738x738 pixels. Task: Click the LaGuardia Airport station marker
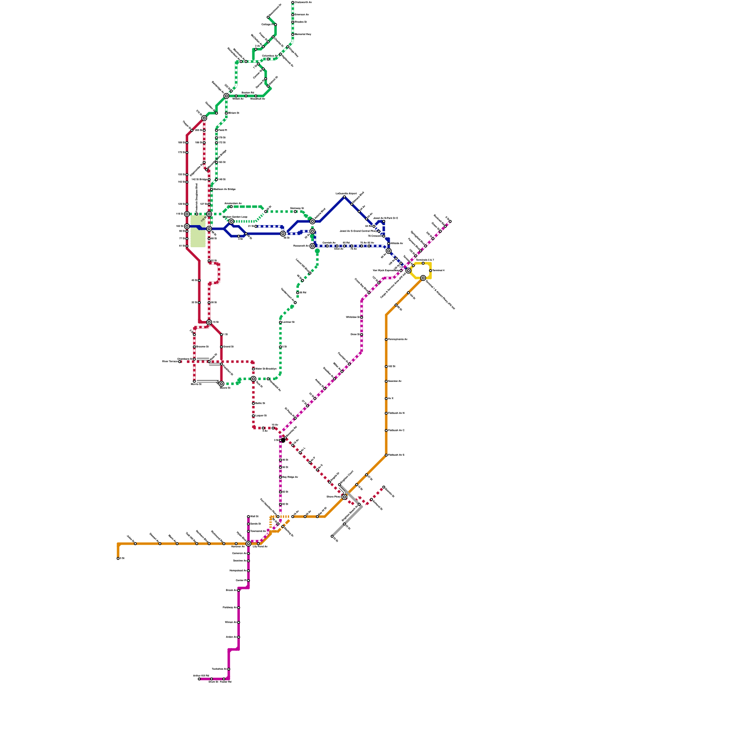point(344,197)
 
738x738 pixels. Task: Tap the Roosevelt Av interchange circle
point(312,246)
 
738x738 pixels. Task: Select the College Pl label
point(267,24)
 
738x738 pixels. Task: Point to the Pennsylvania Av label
point(398,339)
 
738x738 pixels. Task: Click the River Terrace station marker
point(180,362)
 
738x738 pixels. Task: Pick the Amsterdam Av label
point(233,203)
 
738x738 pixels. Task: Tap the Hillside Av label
point(397,243)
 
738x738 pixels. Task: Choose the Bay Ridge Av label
point(290,477)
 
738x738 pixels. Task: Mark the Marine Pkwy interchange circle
point(344,497)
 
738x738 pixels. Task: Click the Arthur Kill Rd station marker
point(199,679)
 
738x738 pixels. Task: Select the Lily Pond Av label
point(260,547)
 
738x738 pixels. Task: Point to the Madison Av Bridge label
point(225,189)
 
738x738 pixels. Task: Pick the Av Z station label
point(391,398)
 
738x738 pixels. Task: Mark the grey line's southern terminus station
point(332,536)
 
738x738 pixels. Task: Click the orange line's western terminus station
point(118,559)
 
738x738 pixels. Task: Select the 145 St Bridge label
point(199,179)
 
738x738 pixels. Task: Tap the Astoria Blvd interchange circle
point(312,221)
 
